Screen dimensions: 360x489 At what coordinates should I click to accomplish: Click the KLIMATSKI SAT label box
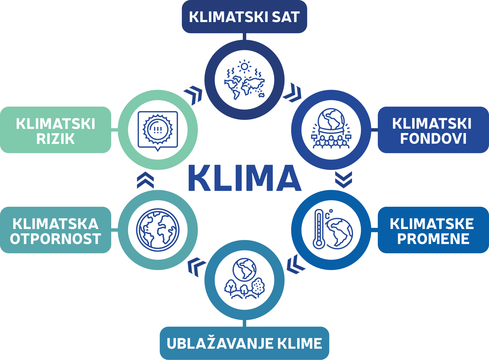244,17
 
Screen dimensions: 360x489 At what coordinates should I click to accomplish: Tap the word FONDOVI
433,139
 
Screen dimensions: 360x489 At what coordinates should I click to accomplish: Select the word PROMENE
433,239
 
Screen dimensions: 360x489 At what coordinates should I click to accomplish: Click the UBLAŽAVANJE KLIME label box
244,343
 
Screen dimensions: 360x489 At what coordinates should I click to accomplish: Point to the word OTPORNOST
55,239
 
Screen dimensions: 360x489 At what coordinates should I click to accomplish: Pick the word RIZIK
55,139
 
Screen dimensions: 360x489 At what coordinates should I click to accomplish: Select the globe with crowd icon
331,129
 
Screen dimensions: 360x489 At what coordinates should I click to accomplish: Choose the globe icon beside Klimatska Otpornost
158,230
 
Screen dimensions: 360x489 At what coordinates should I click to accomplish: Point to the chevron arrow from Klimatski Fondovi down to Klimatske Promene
343,180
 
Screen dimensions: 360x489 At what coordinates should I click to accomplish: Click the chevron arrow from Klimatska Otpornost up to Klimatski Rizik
145,180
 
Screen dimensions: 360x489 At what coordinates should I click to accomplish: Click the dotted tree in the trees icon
258,286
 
